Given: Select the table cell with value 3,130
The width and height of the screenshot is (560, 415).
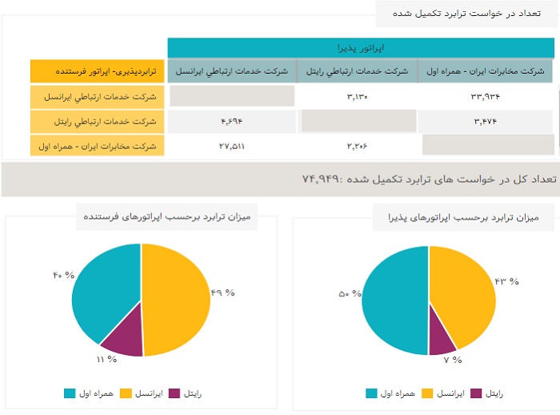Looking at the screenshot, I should coord(356,97).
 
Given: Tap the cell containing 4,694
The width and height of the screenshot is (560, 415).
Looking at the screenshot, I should coord(231,121).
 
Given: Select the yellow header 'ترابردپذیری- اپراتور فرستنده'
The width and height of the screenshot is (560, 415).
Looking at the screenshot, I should coord(98,71).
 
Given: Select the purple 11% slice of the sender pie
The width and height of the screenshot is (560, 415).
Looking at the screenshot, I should coord(125,340).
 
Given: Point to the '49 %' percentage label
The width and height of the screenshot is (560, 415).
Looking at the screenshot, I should coord(222,292).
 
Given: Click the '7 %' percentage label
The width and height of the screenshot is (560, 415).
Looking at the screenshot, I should coord(453,360).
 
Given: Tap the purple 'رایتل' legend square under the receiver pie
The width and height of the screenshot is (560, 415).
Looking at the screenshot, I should coord(477,393).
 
